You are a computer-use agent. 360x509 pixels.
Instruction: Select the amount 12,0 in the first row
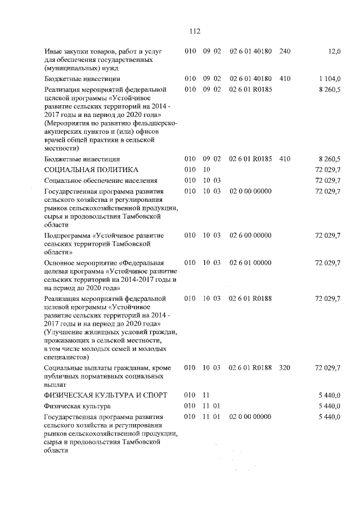click(334, 52)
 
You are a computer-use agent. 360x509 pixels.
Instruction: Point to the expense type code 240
click(285, 52)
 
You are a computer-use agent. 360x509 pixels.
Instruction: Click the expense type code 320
click(285, 368)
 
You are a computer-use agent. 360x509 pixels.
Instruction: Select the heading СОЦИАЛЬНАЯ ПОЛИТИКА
click(91, 169)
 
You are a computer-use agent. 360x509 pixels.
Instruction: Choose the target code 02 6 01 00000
click(250, 263)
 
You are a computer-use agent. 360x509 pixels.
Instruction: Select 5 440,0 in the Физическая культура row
click(329, 406)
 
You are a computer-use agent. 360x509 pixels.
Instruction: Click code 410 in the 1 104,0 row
click(285, 79)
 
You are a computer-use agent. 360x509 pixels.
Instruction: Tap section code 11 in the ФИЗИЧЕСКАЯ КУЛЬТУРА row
click(205, 395)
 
